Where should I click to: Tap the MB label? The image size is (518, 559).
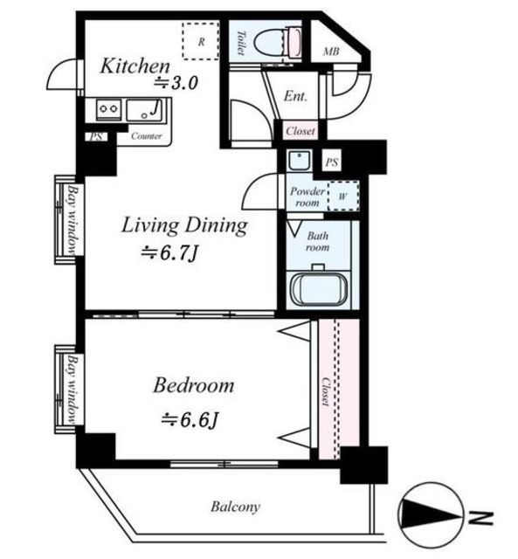point(331,52)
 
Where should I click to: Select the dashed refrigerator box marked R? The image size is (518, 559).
point(201,41)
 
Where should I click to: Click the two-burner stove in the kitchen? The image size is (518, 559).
point(108,108)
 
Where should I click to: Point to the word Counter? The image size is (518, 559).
point(147,136)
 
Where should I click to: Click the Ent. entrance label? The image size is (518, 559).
point(295,96)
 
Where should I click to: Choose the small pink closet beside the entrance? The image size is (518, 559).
point(300,131)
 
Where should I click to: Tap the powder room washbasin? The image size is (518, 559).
point(300,161)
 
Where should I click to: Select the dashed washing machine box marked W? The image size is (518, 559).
point(343,196)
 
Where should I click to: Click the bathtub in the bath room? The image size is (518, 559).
point(319,289)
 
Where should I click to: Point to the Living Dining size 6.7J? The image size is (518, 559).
point(169,253)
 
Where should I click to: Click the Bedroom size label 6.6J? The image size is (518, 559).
point(190,420)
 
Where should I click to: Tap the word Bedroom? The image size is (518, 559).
point(194,386)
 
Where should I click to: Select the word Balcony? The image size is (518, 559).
point(235,507)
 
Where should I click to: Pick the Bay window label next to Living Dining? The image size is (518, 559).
point(73,219)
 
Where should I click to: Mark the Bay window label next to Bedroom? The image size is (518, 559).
point(73,389)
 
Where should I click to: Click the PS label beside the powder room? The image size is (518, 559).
point(332,162)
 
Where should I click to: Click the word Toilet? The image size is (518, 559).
point(242,43)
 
